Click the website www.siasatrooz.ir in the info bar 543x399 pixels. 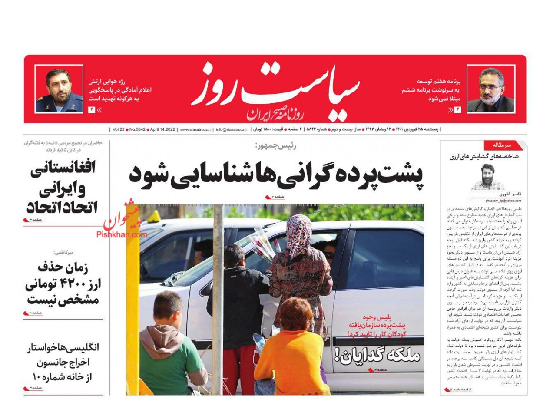(195, 129)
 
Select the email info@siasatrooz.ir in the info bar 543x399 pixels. (232, 129)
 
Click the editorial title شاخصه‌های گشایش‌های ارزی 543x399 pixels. (484, 157)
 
